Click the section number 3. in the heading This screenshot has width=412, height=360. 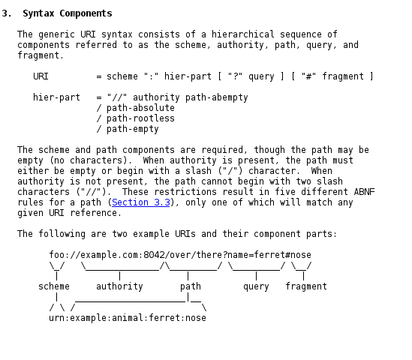pyautogui.click(x=7, y=13)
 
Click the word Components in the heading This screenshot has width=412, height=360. pyautogui.click(x=86, y=13)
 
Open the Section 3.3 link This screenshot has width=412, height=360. pyautogui.click(x=141, y=202)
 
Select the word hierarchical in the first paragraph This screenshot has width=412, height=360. pyautogui.click(x=243, y=34)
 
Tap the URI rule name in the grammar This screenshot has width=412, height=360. pyautogui.click(x=41, y=76)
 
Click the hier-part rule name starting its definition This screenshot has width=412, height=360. pyautogui.click(x=56, y=97)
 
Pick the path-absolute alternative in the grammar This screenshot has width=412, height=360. pyautogui.click(x=140, y=108)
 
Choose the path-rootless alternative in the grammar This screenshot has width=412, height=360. pyautogui.click(x=140, y=118)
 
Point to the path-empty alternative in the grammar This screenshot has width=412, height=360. pyautogui.click(x=133, y=129)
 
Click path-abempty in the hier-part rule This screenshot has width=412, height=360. pyautogui.click(x=217, y=97)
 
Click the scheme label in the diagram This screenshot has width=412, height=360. pyautogui.click(x=54, y=286)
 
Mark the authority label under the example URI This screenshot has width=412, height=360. pyautogui.click(x=119, y=286)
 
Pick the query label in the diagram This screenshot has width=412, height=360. pyautogui.click(x=256, y=286)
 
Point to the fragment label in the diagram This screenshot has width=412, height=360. pyautogui.click(x=306, y=286)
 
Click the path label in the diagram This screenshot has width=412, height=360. pyautogui.click(x=191, y=286)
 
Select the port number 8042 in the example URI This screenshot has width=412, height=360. pyautogui.click(x=154, y=255)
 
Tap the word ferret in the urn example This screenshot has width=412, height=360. pyautogui.click(x=164, y=318)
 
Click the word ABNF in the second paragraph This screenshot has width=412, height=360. pyautogui.click(x=364, y=192)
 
